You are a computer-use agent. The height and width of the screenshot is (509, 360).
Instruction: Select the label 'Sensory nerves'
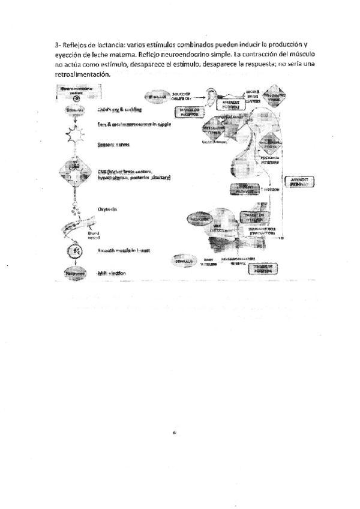coord(113,145)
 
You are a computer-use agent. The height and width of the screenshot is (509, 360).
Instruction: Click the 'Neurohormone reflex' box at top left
coord(75,92)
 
